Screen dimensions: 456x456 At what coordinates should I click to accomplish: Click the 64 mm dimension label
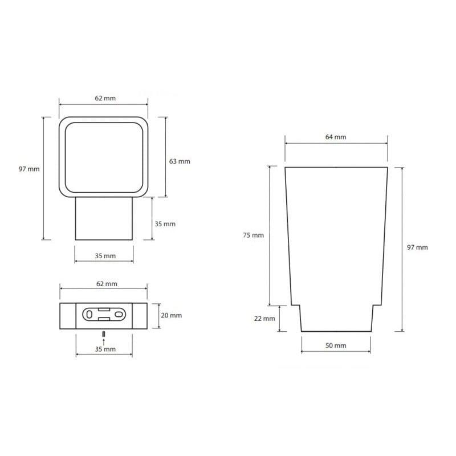pyautogui.click(x=336, y=137)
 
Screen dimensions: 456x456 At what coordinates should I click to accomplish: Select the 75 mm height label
pyautogui.click(x=253, y=235)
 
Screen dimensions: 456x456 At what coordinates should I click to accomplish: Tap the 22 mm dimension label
pyautogui.click(x=264, y=319)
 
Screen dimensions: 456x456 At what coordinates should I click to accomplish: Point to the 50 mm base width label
pyautogui.click(x=336, y=345)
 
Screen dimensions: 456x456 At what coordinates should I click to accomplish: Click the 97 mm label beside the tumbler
pyautogui.click(x=417, y=247)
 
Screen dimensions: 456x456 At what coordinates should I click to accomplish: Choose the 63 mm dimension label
pyautogui.click(x=180, y=161)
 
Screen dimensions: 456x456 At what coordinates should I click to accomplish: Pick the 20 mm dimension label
pyautogui.click(x=172, y=315)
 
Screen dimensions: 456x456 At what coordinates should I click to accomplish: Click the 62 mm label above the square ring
pyautogui.click(x=105, y=98)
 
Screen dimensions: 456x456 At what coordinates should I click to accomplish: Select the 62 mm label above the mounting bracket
pyautogui.click(x=107, y=283)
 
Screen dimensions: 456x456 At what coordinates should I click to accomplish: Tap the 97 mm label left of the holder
pyautogui.click(x=29, y=169)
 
